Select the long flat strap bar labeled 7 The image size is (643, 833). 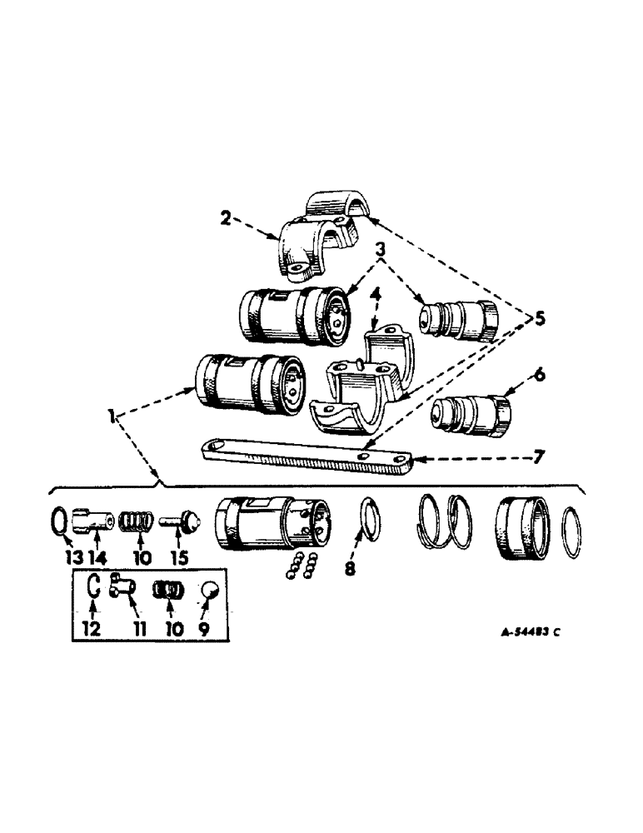pos(308,457)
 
